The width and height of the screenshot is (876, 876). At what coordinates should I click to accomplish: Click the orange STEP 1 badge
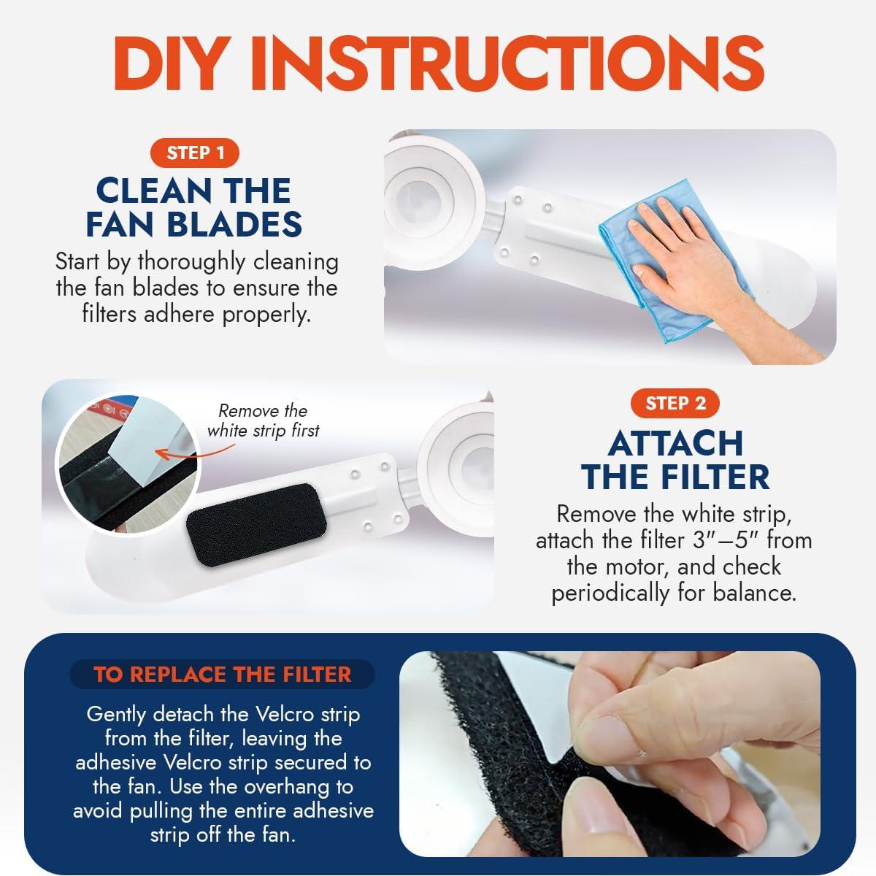click(195, 153)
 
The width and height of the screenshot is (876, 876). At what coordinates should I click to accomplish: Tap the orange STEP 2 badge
click(675, 403)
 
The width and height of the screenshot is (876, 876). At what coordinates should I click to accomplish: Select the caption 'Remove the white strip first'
click(264, 420)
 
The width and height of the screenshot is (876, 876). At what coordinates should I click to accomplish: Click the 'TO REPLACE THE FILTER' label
click(223, 675)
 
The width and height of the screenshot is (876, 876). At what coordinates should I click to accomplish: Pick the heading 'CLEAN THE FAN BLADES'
click(194, 207)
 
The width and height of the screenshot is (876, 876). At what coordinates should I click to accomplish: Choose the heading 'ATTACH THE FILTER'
click(675, 460)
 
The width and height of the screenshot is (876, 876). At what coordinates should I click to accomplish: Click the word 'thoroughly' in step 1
click(191, 262)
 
